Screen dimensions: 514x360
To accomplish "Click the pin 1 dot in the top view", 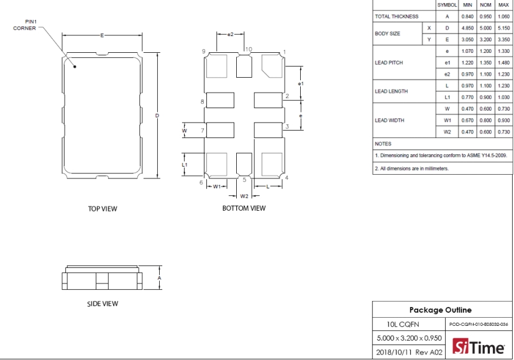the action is pos(75,67).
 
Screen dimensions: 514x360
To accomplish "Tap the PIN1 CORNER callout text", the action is pos(25,25).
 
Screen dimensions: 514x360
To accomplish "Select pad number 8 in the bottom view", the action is pos(220,100).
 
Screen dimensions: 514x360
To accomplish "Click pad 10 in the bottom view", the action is pos(244,67).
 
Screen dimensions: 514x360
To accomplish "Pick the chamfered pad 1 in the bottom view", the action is pos(272,66).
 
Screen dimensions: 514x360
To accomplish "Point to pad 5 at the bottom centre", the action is pos(244,164).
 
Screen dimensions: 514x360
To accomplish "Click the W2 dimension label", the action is pos(244,196).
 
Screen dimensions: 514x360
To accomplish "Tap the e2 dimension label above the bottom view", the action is pos(231,34).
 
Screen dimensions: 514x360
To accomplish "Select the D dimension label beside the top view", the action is pos(157,116).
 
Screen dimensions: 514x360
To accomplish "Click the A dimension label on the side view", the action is pos(160,278).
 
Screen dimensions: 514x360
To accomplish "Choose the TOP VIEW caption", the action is pos(103,209).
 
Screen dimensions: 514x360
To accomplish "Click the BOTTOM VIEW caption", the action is pos(244,208).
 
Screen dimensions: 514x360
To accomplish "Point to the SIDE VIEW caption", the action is pos(103,304).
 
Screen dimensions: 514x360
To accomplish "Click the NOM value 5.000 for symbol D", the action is pos(485,28).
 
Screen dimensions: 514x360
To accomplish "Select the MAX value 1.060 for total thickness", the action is pos(503,16).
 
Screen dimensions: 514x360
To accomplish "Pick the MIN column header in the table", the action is pos(467,5).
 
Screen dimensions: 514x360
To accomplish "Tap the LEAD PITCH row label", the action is pos(389,63).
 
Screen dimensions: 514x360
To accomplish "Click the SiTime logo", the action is pos(479,346).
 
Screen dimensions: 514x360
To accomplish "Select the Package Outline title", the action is pos(440,310).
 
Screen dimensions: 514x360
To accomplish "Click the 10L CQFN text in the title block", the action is pos(403,325).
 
